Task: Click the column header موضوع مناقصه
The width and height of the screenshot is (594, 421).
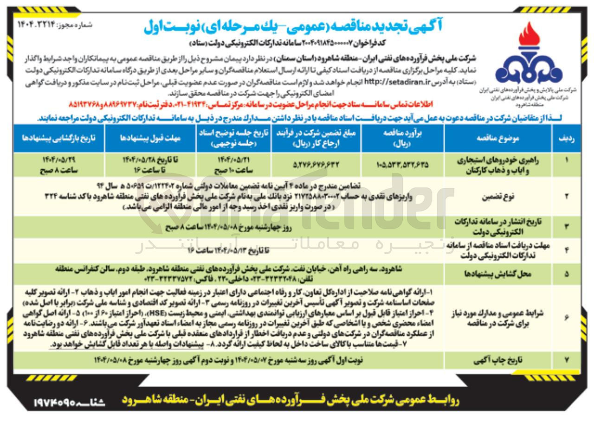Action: (497, 139)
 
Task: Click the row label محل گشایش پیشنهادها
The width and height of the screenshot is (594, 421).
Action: (497, 274)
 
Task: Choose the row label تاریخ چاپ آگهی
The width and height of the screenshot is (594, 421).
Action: (497, 360)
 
